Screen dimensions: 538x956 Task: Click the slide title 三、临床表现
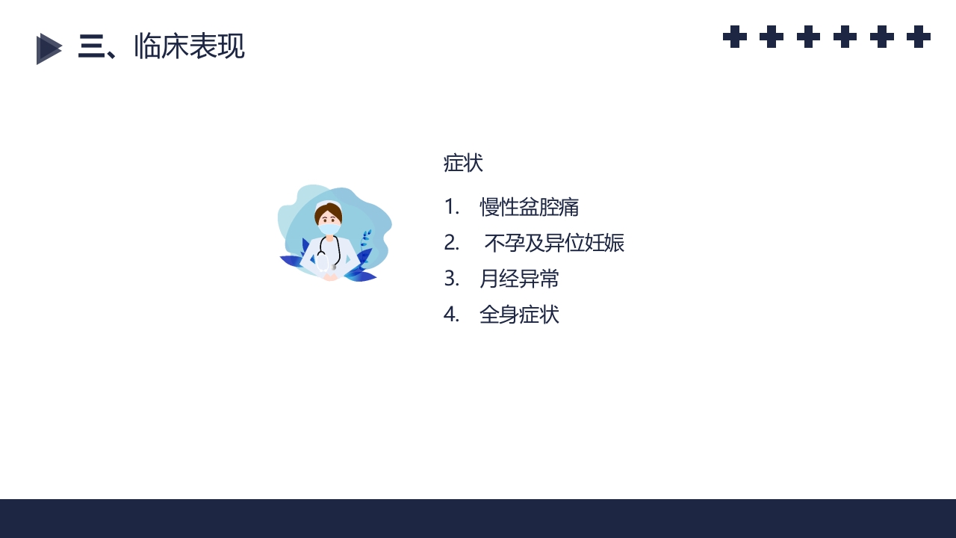[x=161, y=47]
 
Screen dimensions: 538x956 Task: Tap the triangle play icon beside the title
[x=49, y=49]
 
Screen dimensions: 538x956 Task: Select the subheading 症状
[x=463, y=163]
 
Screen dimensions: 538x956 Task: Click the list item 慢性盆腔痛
[x=530, y=207]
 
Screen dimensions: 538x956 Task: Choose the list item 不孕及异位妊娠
[x=554, y=243]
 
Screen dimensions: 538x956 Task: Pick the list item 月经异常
[x=519, y=279]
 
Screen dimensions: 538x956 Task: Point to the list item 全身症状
[x=519, y=315]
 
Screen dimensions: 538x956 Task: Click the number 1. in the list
[x=451, y=207]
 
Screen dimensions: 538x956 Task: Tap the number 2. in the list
[x=451, y=243]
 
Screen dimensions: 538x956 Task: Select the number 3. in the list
[x=451, y=279]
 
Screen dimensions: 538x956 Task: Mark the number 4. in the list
[x=451, y=315]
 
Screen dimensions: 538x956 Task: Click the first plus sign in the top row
[x=735, y=37]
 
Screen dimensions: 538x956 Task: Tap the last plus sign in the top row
[x=919, y=37]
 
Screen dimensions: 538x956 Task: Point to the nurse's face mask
[x=329, y=227]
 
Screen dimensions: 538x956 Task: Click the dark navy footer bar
[x=478, y=519]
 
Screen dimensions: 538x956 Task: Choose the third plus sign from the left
[x=808, y=37]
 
